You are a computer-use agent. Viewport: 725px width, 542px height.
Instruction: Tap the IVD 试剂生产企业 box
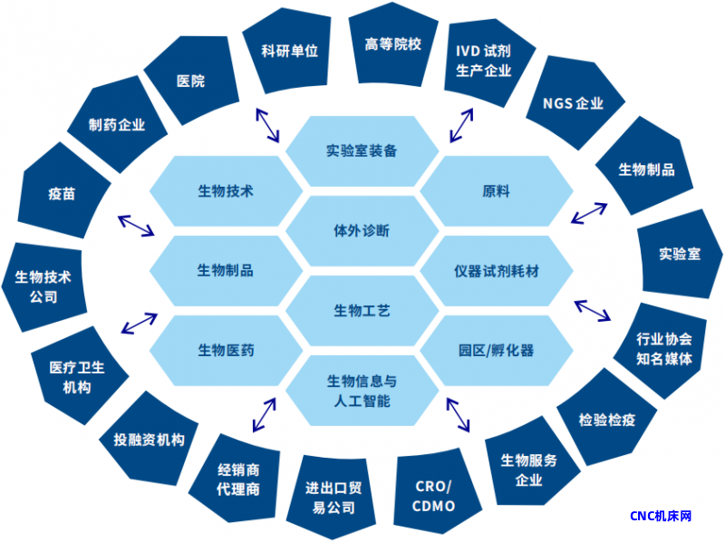[483, 60]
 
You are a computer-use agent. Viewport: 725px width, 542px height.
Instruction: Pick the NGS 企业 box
[573, 102]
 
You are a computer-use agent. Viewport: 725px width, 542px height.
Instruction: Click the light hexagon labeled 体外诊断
[362, 230]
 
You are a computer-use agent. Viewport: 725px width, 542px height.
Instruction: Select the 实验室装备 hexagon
[362, 150]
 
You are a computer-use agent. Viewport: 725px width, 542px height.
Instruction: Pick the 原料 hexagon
[497, 191]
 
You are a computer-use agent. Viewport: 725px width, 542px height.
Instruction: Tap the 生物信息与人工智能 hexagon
[362, 391]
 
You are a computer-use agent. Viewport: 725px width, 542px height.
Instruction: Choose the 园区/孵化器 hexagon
[497, 350]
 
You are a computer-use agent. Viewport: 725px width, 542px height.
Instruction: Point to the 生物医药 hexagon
[226, 350]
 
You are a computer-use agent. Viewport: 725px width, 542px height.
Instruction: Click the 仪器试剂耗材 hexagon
[497, 271]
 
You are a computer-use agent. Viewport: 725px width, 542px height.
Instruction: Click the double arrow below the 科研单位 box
[267, 124]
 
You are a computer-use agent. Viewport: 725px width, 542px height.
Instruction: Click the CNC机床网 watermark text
[662, 516]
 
